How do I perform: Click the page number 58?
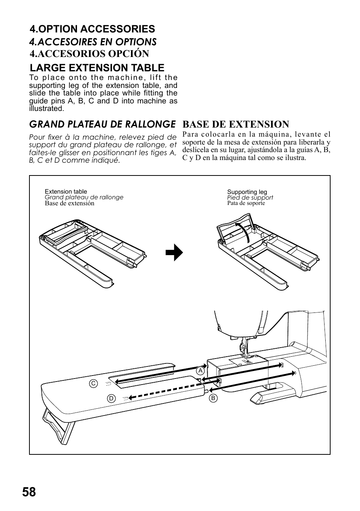[x=29, y=492]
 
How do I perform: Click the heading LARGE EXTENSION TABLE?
[x=97, y=68]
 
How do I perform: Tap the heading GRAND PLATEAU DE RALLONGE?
[x=102, y=124]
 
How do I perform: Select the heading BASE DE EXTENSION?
[x=236, y=124]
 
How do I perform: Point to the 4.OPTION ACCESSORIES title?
[x=92, y=29]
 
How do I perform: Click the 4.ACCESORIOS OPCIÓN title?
[x=89, y=54]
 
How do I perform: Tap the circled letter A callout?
[x=200, y=371]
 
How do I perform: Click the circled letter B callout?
[x=213, y=398]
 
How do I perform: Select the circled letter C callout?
[x=93, y=383]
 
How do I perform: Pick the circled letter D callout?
[x=111, y=398]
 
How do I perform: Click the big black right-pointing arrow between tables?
[x=174, y=252]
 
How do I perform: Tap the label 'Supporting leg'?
[x=247, y=192]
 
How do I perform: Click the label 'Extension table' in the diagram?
[x=66, y=192]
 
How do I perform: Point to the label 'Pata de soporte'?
[x=246, y=203]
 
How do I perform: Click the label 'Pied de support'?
[x=250, y=198]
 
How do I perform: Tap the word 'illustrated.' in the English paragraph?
[x=46, y=109]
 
